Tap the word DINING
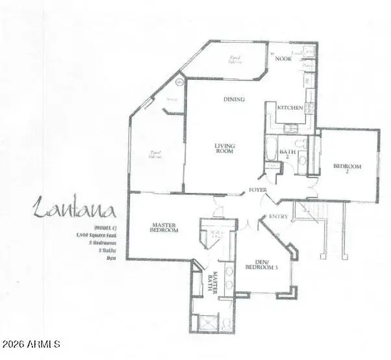(234, 99)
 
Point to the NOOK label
(283, 58)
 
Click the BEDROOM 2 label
(347, 170)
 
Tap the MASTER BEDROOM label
(164, 228)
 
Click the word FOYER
(259, 190)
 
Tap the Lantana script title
(74, 210)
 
